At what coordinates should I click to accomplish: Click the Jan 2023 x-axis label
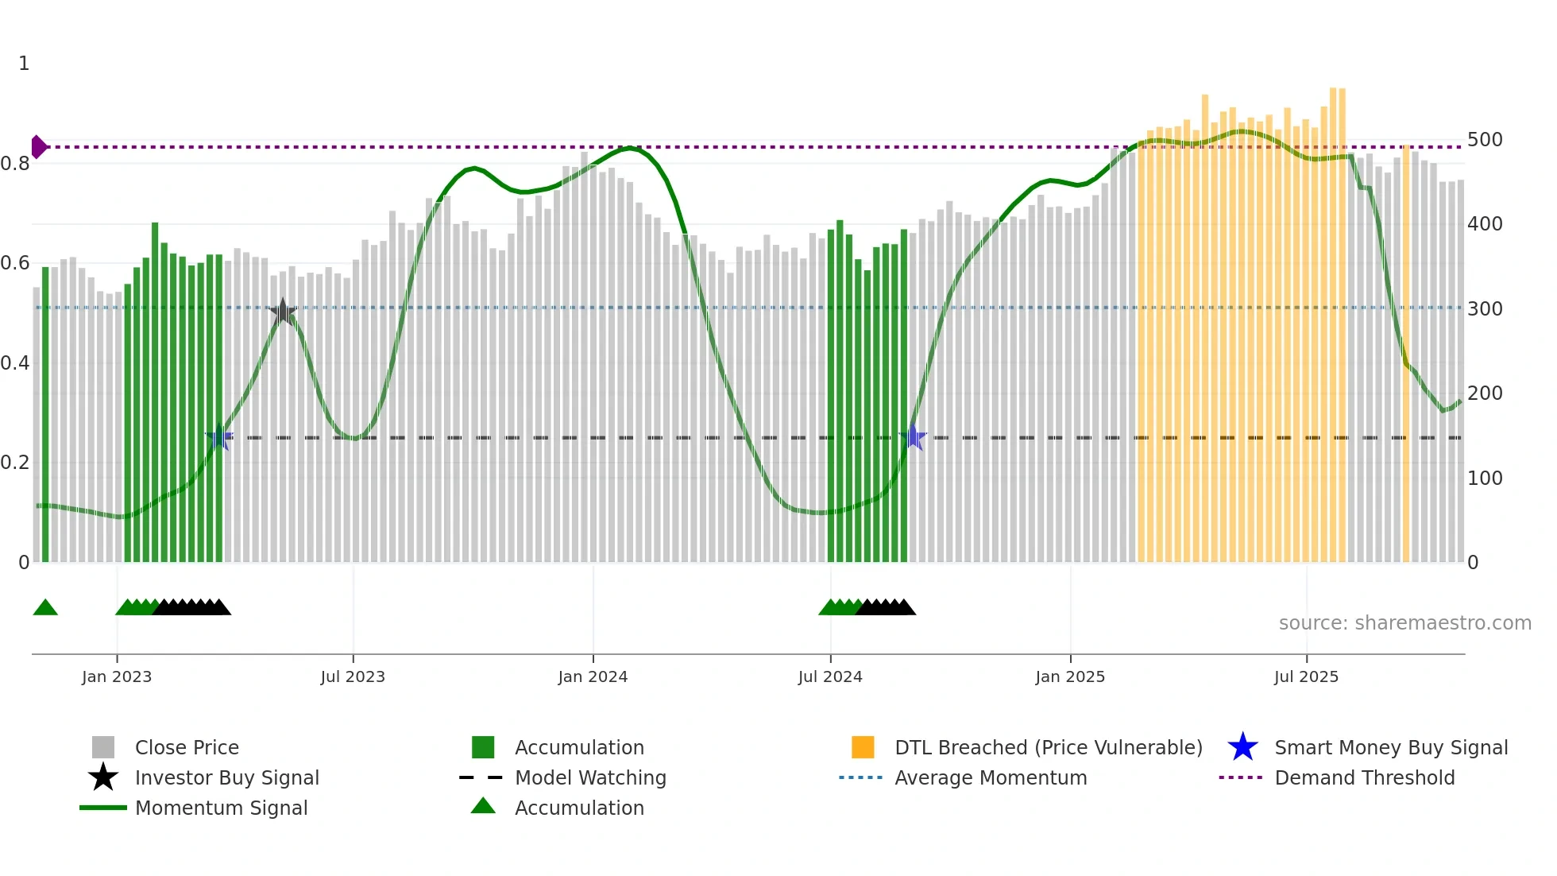click(117, 676)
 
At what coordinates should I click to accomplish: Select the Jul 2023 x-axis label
click(353, 676)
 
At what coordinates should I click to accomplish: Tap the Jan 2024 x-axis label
click(593, 676)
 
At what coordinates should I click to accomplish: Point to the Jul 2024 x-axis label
click(830, 676)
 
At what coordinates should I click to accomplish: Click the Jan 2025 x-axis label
click(1070, 676)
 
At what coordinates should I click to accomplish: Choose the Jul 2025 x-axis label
click(1306, 676)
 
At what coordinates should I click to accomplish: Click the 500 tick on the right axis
click(1485, 140)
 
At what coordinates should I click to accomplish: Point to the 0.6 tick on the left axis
click(15, 263)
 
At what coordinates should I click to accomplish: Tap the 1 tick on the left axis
click(24, 64)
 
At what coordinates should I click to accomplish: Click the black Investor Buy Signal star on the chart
click(282, 312)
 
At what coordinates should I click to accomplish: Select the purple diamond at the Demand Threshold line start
click(38, 147)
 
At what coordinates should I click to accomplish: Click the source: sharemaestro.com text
click(1404, 623)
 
